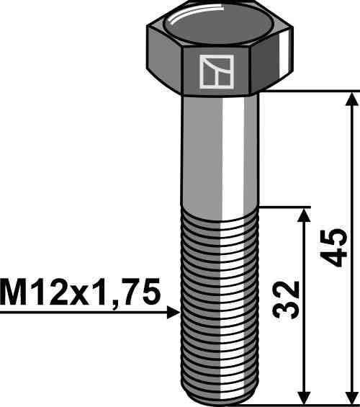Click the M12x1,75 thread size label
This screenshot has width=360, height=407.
pyautogui.click(x=80, y=292)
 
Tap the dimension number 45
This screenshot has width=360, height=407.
pyautogui.click(x=333, y=248)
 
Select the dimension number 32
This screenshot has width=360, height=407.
pyautogui.click(x=286, y=299)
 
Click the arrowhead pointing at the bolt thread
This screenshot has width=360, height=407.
pyautogui.click(x=174, y=312)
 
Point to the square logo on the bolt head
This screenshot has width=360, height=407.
pyautogui.click(x=217, y=71)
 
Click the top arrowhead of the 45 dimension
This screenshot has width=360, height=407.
pyautogui.click(x=352, y=99)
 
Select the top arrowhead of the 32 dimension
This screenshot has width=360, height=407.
pyautogui.click(x=304, y=215)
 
